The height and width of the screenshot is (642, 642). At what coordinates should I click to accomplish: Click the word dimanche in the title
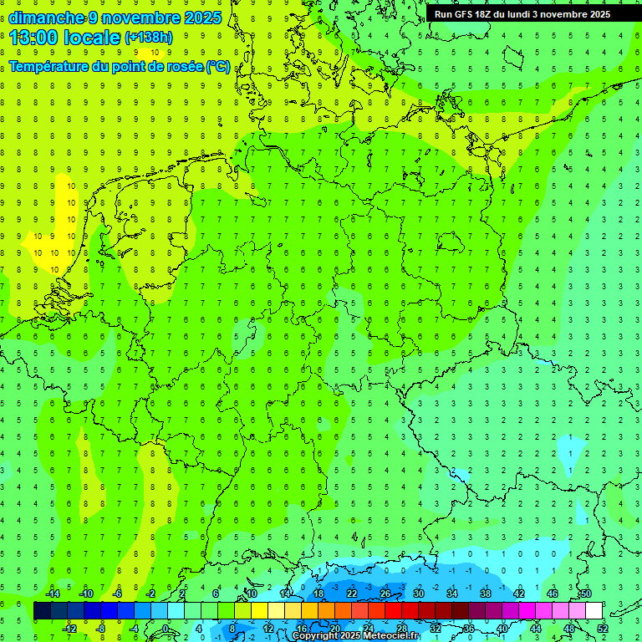point(47,17)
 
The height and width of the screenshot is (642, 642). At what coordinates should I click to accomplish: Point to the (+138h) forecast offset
point(148,37)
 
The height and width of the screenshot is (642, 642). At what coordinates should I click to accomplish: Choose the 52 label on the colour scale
point(603,629)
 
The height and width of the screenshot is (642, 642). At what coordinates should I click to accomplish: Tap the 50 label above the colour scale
point(586,594)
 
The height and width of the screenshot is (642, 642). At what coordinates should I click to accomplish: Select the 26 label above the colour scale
point(385,594)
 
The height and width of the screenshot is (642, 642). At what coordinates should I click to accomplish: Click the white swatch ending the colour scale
point(594,611)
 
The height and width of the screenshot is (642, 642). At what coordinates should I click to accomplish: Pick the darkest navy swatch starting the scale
point(42,611)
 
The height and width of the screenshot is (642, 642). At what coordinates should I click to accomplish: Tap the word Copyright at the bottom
point(315,636)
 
